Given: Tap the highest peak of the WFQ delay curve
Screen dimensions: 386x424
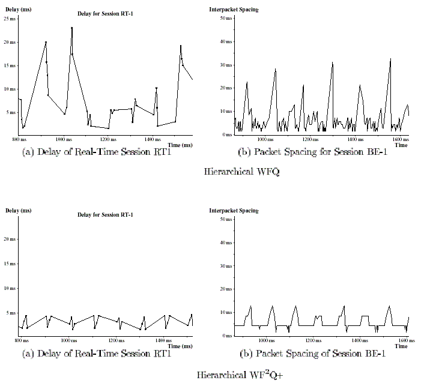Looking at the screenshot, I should pyautogui.click(x=71, y=28).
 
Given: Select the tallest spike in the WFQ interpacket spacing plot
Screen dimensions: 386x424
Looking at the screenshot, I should pyautogui.click(x=390, y=59).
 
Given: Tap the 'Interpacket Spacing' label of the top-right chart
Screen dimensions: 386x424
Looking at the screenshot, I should pyautogui.click(x=234, y=10).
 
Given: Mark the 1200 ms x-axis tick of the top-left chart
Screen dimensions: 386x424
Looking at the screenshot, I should pyautogui.click(x=108, y=138).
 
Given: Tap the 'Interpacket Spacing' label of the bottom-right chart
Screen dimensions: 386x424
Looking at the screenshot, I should pyautogui.click(x=234, y=211).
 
